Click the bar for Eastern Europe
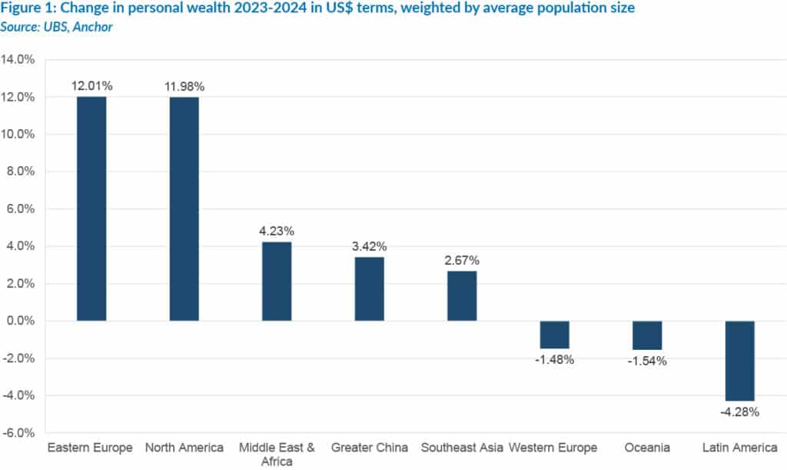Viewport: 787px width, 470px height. click(x=91, y=208)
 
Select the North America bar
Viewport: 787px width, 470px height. click(x=184, y=208)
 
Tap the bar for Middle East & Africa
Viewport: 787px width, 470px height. click(x=277, y=282)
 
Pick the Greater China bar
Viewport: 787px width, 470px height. click(x=369, y=288)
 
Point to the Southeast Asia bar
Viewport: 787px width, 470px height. click(x=462, y=296)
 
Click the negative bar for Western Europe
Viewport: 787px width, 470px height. click(x=554, y=335)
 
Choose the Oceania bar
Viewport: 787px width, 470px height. click(x=647, y=335)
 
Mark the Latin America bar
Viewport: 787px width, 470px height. click(x=739, y=361)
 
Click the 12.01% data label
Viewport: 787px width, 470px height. click(x=91, y=85)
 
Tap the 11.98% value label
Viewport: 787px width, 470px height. click(x=184, y=85)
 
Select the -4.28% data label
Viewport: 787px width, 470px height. click(x=739, y=412)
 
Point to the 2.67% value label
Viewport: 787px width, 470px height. click(x=462, y=259)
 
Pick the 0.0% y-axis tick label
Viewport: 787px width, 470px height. click(x=21, y=321)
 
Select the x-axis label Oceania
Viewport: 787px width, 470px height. click(x=647, y=448)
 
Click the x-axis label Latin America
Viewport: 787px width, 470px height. click(x=739, y=448)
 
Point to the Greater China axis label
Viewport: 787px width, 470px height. click(x=369, y=448)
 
